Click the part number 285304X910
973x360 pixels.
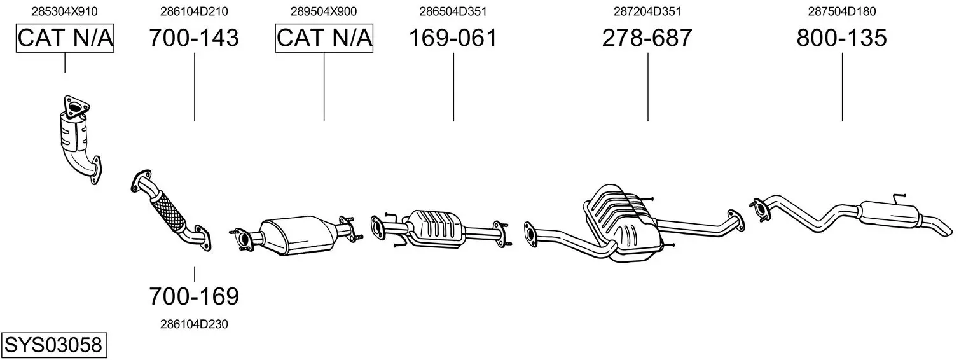pyautogui.click(x=64, y=11)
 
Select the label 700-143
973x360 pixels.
pyautogui.click(x=194, y=38)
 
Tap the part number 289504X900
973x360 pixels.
pyautogui.click(x=324, y=11)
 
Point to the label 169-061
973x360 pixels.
pyautogui.click(x=453, y=38)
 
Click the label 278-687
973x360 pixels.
pyautogui.click(x=647, y=38)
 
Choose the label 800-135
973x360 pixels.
pyautogui.click(x=842, y=38)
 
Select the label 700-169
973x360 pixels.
pyautogui.click(x=194, y=296)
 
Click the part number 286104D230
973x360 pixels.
pyautogui.click(x=194, y=324)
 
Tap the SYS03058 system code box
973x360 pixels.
pyautogui.click(x=54, y=345)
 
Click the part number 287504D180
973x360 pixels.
pyautogui.click(x=842, y=11)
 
